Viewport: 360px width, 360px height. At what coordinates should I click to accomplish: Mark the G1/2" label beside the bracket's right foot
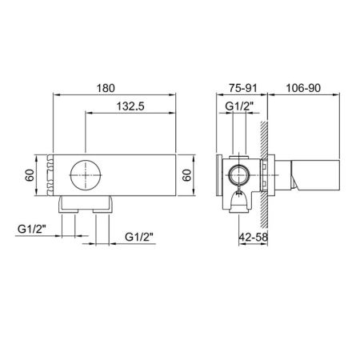coord(141,237)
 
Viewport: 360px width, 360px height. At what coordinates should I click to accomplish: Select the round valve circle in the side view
coord(238,175)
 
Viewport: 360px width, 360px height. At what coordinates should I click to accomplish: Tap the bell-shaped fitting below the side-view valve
coord(238,199)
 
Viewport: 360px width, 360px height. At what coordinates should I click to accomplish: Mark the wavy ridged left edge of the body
coord(51,175)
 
